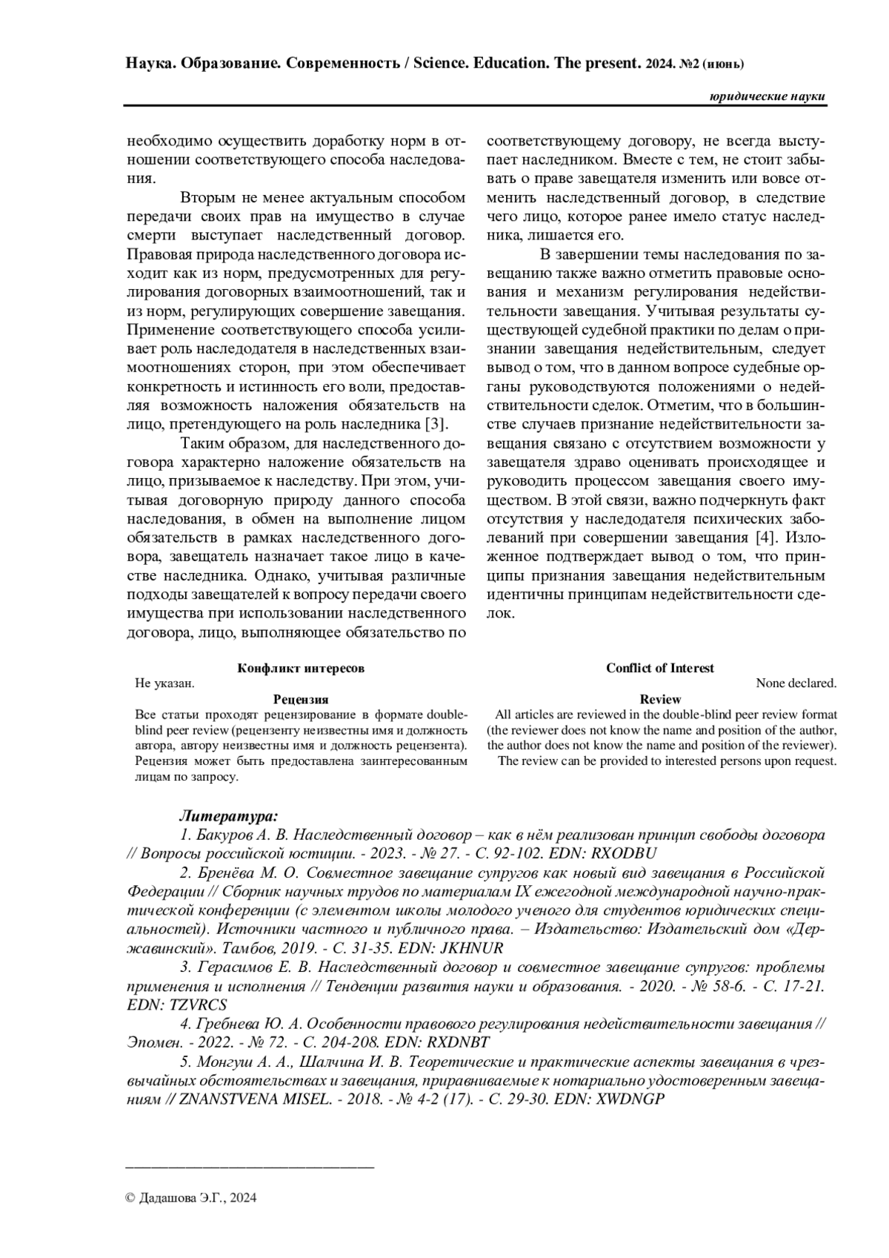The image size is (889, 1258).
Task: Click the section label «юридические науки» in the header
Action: (x=767, y=97)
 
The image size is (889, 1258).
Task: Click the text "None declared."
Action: (x=796, y=683)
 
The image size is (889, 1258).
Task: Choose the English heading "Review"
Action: (x=659, y=699)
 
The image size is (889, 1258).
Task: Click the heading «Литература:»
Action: (x=228, y=816)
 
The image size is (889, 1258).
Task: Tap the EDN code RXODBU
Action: (x=626, y=853)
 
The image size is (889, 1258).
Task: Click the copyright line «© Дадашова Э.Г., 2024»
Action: (x=191, y=1198)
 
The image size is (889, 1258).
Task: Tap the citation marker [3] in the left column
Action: (x=433, y=425)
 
